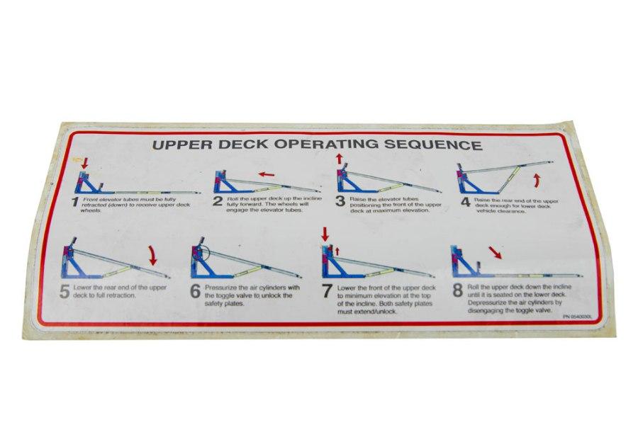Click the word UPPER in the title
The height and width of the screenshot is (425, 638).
[181, 147]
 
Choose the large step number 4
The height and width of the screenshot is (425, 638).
[465, 202]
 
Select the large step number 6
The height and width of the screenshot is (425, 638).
[196, 292]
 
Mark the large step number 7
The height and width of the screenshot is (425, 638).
[327, 290]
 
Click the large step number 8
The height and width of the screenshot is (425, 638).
[458, 290]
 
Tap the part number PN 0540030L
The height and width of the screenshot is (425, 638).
[577, 317]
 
